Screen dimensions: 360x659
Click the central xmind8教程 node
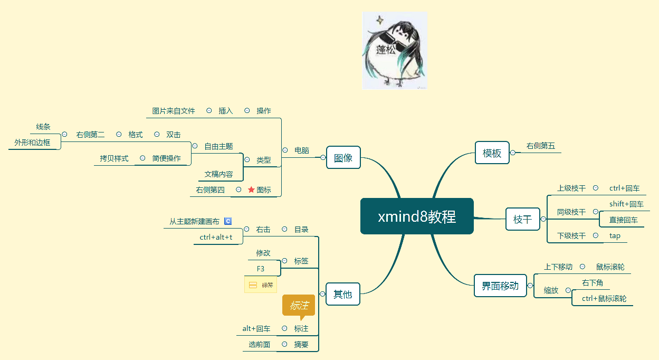[x=417, y=216]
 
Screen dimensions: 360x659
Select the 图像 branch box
[x=343, y=157]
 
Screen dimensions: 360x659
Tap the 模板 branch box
[x=492, y=153]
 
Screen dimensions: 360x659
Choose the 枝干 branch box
[x=522, y=219]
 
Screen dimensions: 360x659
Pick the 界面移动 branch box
[x=500, y=286]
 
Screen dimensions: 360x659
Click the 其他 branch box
[x=342, y=294]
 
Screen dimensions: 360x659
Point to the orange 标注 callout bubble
[x=299, y=306]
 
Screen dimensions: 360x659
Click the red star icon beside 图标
[x=251, y=190]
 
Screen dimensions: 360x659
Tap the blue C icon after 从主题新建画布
[x=228, y=221]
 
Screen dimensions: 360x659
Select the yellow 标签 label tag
[x=261, y=285]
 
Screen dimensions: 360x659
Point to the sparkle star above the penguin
[x=379, y=21]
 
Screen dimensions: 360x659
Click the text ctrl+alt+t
[x=216, y=238]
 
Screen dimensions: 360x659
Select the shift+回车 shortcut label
[x=626, y=204]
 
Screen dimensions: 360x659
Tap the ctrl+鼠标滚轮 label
[x=604, y=298]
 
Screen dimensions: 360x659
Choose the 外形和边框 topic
[x=33, y=143]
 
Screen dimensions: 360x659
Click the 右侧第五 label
[x=541, y=146]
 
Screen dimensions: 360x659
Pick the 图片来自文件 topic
[x=174, y=111]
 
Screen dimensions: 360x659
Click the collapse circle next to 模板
[x=513, y=153]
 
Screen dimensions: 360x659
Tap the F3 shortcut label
[x=261, y=269]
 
